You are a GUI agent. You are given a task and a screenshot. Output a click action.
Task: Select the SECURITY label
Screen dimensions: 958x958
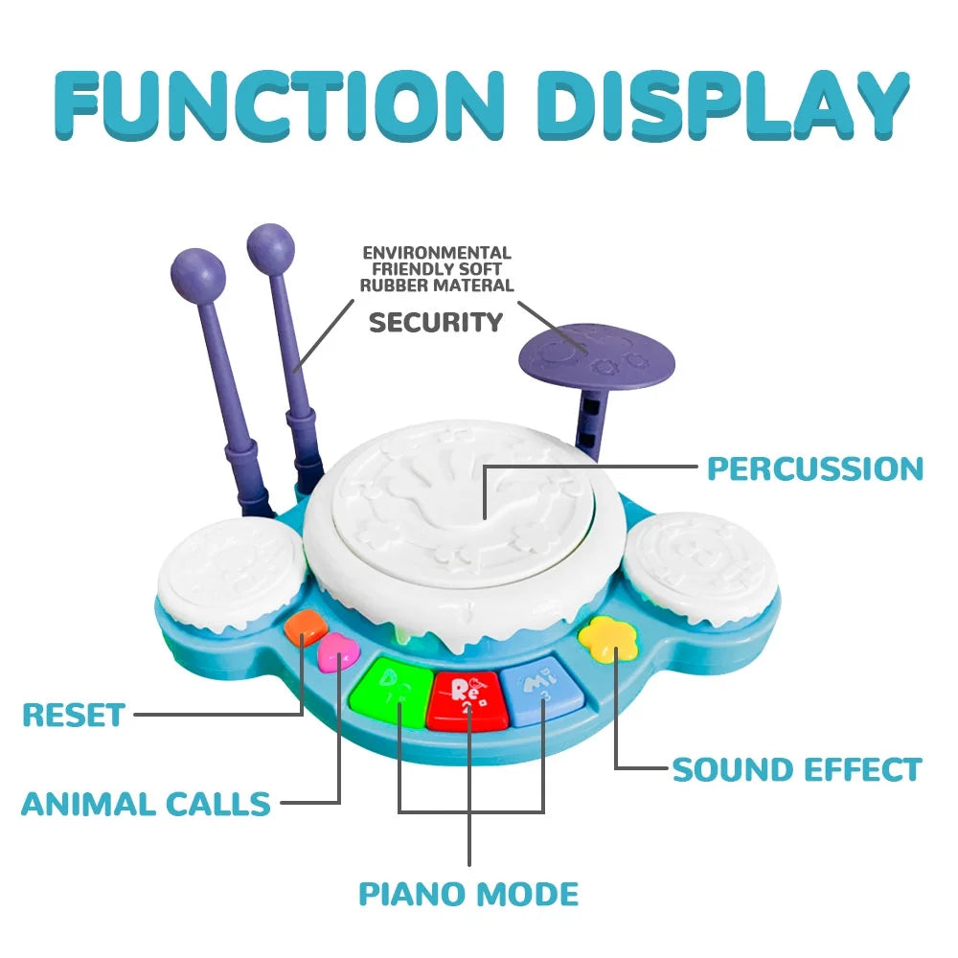click(x=436, y=322)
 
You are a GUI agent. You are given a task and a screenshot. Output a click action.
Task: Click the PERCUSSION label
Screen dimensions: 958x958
click(x=814, y=468)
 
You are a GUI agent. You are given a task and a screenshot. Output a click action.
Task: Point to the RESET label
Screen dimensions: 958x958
click(x=74, y=715)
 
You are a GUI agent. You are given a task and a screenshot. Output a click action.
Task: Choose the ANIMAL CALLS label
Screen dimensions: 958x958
click(x=146, y=804)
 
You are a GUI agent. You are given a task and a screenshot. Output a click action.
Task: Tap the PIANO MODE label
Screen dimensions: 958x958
click(x=468, y=894)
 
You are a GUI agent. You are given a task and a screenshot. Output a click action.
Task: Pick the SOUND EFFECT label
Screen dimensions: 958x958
click(x=796, y=769)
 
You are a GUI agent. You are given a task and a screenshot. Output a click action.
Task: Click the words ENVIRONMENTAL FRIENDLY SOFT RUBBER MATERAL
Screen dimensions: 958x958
click(x=437, y=269)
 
